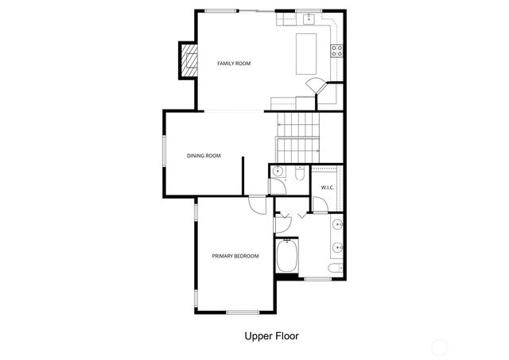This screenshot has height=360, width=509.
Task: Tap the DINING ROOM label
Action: click(204, 156)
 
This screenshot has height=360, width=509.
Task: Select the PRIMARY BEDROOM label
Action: click(235, 256)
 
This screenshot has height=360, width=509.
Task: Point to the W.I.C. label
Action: click(328, 188)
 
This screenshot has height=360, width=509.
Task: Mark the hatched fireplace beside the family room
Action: click(188, 61)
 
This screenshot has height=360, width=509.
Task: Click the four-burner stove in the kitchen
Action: click(337, 50)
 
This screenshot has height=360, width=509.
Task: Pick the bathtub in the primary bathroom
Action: click(286, 257)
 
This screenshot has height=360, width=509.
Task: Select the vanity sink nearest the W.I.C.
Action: click(338, 223)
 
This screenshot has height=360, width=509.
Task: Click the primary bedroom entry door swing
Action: click(258, 203)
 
